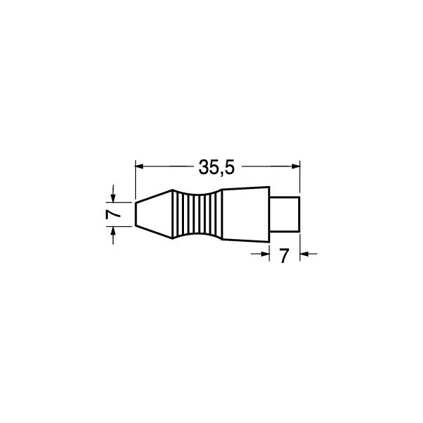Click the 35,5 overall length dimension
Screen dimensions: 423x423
click(216, 167)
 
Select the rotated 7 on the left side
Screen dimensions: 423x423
click(113, 214)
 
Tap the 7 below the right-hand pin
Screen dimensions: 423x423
click(284, 256)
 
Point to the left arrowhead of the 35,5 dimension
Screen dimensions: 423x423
click(139, 166)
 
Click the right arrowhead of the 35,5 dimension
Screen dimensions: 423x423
click(296, 166)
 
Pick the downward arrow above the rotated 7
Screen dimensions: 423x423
click(114, 193)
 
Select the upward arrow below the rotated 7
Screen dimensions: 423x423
click(114, 235)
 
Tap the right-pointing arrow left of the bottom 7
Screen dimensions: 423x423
click(260, 254)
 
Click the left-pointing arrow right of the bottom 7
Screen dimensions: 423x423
click(309, 254)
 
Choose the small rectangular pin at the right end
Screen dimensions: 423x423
click(284, 214)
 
